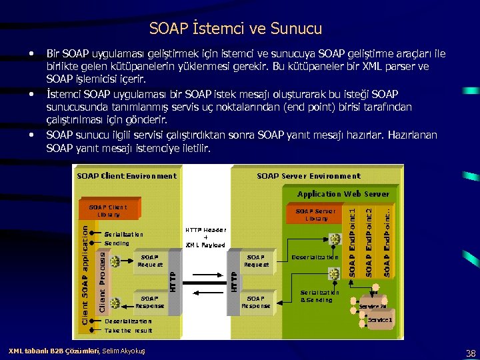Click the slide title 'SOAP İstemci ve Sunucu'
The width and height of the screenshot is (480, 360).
tap(235, 29)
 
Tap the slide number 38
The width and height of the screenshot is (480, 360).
tap(471, 353)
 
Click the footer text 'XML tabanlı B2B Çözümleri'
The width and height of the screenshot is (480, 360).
tap(53, 351)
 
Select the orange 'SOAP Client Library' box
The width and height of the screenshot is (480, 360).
tap(108, 211)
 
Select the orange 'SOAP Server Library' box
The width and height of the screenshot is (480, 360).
tap(317, 214)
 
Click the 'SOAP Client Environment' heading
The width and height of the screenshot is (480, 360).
tap(127, 176)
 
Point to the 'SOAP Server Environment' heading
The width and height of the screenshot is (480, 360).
tap(308, 176)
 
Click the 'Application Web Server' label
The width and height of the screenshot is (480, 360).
tap(343, 194)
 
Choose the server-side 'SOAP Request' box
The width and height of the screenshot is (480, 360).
tap(257, 261)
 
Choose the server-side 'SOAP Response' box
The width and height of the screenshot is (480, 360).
tap(256, 302)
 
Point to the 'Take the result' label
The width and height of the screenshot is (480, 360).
tap(128, 330)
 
